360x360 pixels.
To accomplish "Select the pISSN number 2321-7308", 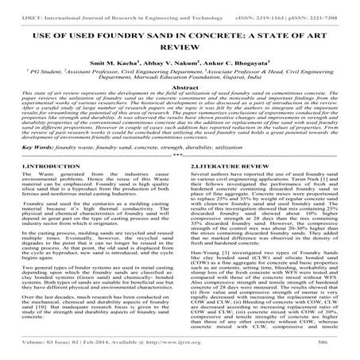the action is point(328,8).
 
